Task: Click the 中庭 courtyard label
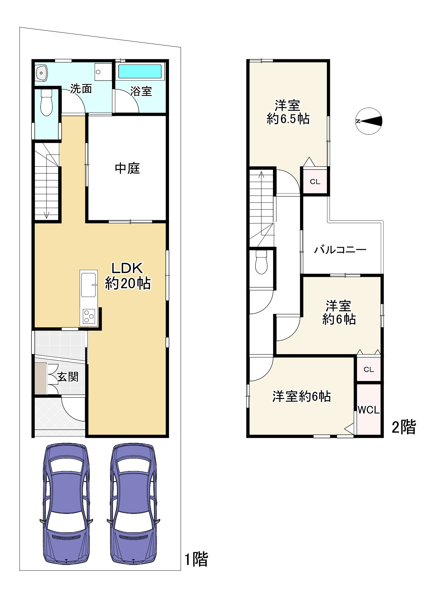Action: (127, 168)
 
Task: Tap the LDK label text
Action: (127, 268)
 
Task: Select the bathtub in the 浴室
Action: (140, 72)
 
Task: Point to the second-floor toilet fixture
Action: (261, 262)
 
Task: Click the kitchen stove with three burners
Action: (89, 316)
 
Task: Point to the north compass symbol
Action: (369, 121)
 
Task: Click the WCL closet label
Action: (369, 410)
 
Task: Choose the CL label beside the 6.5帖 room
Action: (315, 182)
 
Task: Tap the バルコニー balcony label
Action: (340, 250)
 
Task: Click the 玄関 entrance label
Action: (68, 377)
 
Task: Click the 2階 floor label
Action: (404, 427)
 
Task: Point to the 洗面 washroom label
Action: (81, 89)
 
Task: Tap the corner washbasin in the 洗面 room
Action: (42, 73)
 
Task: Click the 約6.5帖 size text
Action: (288, 119)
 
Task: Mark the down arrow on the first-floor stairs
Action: (47, 214)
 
